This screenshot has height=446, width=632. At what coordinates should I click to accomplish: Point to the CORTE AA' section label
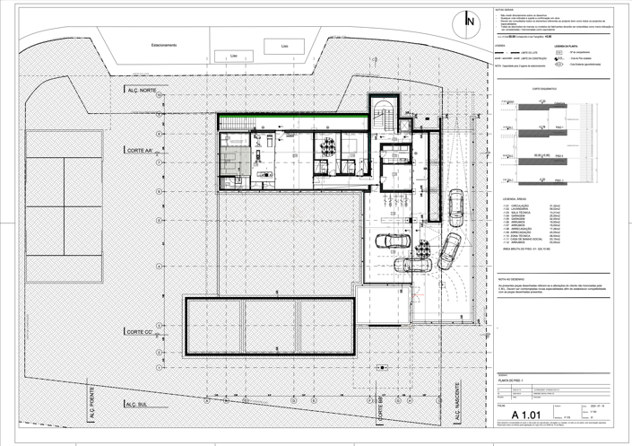click(142, 151)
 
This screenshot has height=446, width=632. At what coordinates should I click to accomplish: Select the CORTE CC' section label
click(142, 332)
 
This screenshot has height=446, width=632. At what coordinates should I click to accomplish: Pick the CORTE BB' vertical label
click(380, 408)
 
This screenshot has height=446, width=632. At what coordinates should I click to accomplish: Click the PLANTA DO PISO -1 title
click(511, 380)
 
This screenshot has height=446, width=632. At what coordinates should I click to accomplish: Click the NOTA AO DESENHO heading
click(512, 279)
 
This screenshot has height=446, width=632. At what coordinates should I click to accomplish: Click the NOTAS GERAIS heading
click(505, 8)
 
